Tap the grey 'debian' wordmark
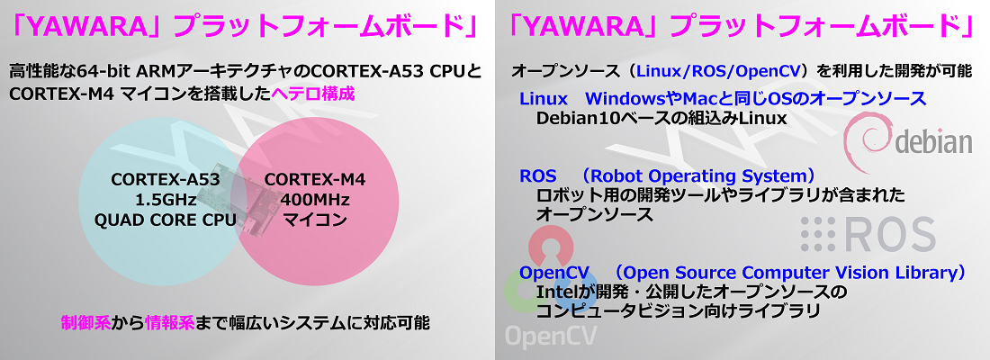tap(932, 142)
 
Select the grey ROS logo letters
tap(889, 234)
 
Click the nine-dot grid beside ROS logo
tap(817, 234)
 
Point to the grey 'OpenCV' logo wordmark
tap(551, 336)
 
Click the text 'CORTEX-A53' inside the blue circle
tap(166, 179)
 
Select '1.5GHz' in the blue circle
tap(166, 200)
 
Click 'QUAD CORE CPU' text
tap(166, 220)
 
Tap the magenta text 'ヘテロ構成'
tap(312, 94)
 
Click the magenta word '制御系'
tap(85, 323)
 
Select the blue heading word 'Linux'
tap(544, 98)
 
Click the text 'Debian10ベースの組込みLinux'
tap(661, 118)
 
